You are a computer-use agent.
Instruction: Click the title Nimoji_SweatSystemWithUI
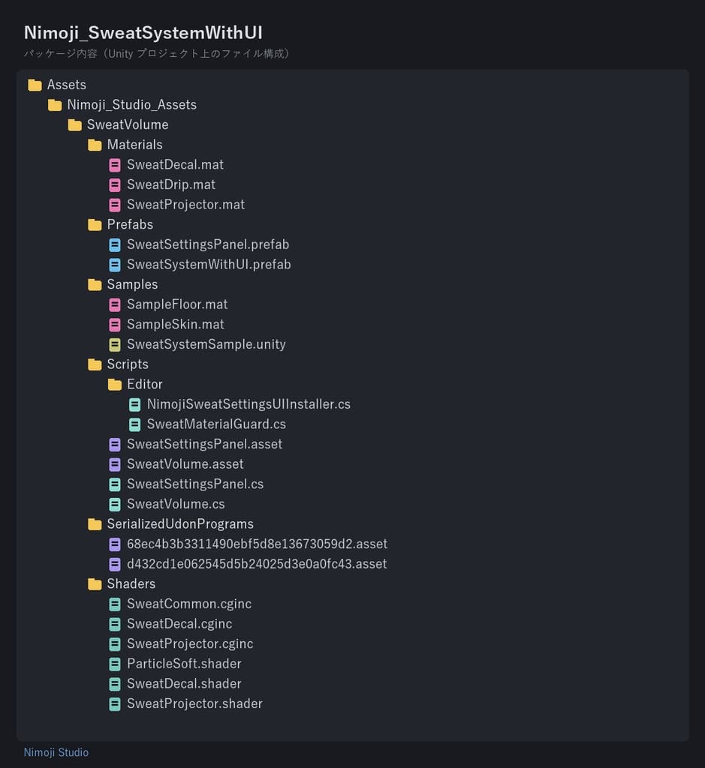(x=143, y=33)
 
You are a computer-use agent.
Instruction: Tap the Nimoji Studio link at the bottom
(x=56, y=752)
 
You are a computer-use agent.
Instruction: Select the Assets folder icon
(x=35, y=85)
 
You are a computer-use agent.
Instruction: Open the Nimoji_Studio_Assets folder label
(x=132, y=105)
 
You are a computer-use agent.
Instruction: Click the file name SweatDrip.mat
(x=171, y=184)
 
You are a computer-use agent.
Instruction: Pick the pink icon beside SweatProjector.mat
(x=115, y=205)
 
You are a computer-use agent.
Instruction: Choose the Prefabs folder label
(x=130, y=224)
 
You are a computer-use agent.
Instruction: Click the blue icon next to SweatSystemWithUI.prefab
(x=115, y=265)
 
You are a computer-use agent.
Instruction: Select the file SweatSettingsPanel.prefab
(x=208, y=244)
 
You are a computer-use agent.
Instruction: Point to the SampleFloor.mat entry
(x=177, y=304)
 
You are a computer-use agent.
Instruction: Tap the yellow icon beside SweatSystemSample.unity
(x=115, y=345)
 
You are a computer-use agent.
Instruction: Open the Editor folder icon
(x=115, y=385)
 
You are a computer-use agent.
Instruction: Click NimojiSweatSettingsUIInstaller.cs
(x=249, y=404)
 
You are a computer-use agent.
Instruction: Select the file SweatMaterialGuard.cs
(x=216, y=424)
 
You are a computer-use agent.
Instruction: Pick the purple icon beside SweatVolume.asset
(x=115, y=464)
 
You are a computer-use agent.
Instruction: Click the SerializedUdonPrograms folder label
(x=180, y=524)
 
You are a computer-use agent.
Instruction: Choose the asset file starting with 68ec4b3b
(x=257, y=544)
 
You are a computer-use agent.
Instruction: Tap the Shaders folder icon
(x=95, y=584)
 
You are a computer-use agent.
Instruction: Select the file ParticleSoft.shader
(x=184, y=664)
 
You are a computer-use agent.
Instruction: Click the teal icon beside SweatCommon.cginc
(x=115, y=604)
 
